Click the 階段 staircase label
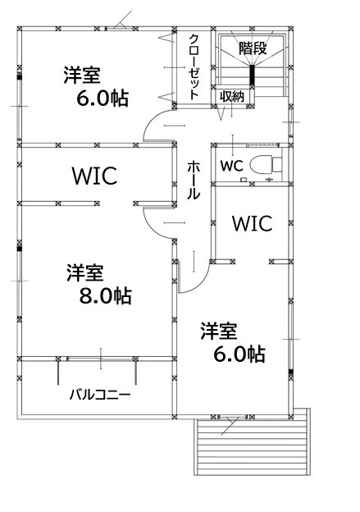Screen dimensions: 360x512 point(253,48)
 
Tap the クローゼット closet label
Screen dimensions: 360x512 point(194,66)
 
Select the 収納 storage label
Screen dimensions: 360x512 point(232,96)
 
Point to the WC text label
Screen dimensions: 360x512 point(232,166)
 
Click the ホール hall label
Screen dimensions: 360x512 point(193,181)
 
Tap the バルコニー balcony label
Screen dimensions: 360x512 point(100,395)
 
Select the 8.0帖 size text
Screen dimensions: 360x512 point(106,296)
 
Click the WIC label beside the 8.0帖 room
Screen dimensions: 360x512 point(94,176)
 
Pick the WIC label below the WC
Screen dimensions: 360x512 point(252,223)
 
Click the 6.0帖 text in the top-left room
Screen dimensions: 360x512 point(103,98)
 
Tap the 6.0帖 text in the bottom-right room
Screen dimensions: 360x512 point(239,354)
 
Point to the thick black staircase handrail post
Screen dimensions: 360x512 point(252,75)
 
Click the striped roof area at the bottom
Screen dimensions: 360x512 point(252,446)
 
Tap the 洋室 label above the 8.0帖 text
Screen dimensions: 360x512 point(85,273)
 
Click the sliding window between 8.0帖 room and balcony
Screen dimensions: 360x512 point(101,359)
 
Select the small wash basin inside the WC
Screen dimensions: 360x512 point(244,180)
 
